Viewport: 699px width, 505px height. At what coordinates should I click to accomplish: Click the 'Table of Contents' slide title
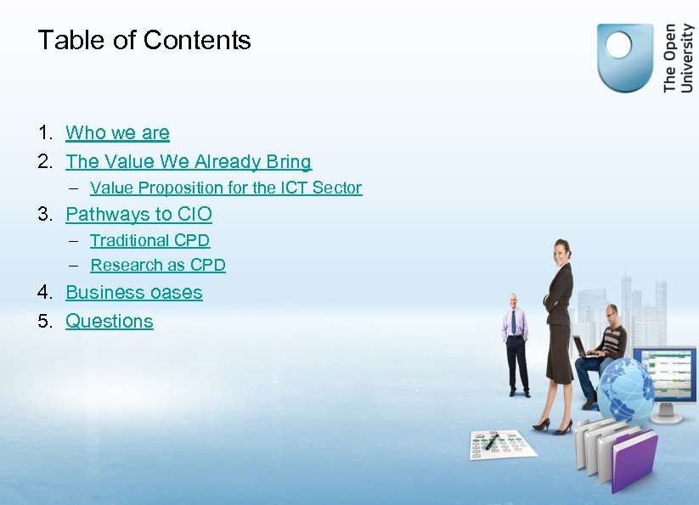coord(144,41)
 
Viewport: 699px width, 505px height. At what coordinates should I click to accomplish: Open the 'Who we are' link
coord(117,133)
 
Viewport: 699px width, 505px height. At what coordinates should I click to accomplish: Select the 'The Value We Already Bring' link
coord(189,161)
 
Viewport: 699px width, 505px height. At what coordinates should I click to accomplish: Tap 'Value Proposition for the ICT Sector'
coord(226,188)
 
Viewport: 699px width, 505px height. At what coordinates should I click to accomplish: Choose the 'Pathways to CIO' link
coord(138,214)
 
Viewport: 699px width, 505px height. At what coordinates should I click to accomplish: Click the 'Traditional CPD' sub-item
coord(149,240)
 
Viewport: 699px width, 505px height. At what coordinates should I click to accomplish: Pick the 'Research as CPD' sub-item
coord(158,265)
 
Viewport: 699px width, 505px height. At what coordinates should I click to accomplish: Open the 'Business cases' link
coord(134,293)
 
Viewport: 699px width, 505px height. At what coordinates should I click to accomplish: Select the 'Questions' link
coord(110,321)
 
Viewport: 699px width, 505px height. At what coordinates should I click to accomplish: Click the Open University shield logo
coord(625,57)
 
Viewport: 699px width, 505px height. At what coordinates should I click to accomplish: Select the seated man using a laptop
coord(605,352)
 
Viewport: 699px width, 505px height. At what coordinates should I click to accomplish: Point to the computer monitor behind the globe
coord(669,378)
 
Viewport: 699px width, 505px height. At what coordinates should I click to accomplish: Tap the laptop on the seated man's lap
coord(583,348)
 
